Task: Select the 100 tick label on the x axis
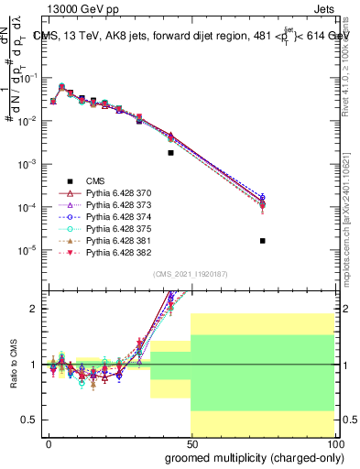[334, 443]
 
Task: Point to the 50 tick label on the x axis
[191, 443]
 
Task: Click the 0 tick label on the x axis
[49, 443]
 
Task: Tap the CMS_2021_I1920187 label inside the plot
[190, 274]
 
